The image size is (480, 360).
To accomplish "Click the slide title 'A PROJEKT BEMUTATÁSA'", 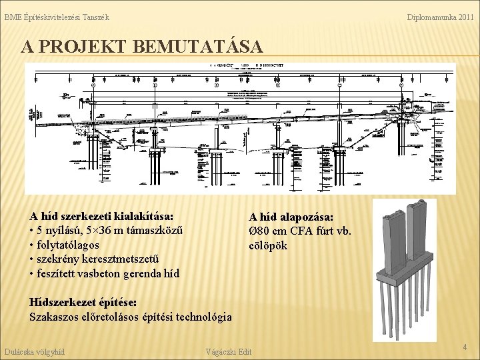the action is tap(141, 47).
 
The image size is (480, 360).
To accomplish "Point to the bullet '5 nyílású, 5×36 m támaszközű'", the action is tap(107, 231).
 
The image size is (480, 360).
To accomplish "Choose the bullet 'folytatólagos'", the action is tap(68, 245).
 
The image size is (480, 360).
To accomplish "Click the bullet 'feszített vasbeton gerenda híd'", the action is tap(105, 273).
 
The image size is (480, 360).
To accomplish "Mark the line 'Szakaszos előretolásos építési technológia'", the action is tap(131, 317).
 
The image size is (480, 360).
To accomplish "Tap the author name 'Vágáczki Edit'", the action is tap(229, 351).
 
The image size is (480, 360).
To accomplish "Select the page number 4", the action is tap(465, 347).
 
